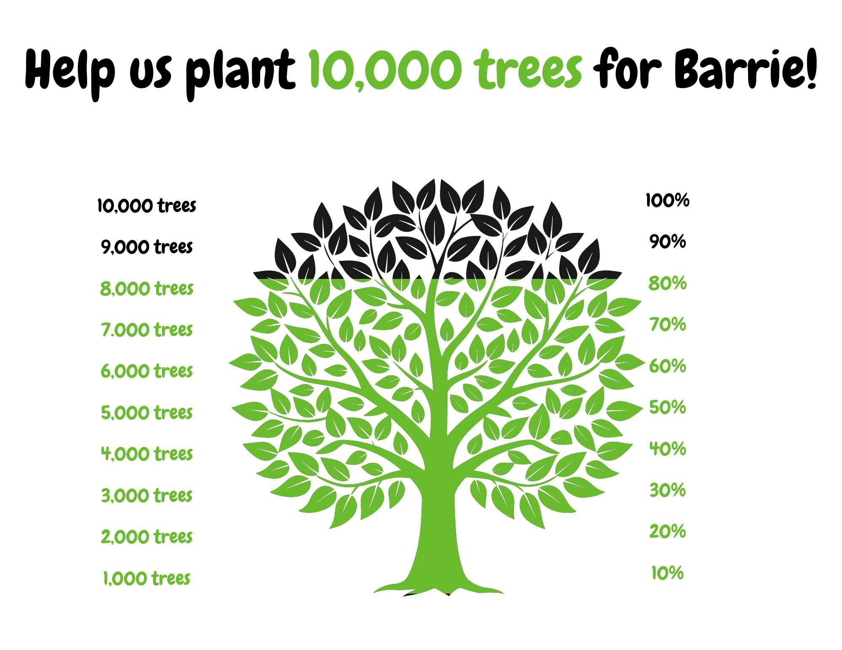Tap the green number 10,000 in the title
pyautogui.click(x=383, y=70)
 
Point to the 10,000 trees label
pyautogui.click(x=147, y=206)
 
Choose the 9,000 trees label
pyautogui.click(x=147, y=247)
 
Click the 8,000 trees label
pyautogui.click(x=147, y=289)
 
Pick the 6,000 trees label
pyautogui.click(x=147, y=371)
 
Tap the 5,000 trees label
pyautogui.click(x=147, y=412)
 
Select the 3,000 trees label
pyautogui.click(x=147, y=495)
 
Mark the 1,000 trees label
pyautogui.click(x=147, y=578)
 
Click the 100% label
pyautogui.click(x=667, y=200)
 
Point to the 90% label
pyautogui.click(x=667, y=241)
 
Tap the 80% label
pyautogui.click(x=667, y=283)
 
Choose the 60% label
pyautogui.click(x=667, y=366)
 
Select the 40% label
pyautogui.click(x=667, y=449)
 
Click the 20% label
pyautogui.click(x=667, y=531)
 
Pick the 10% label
pyautogui.click(x=667, y=573)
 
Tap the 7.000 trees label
pyautogui.click(x=147, y=330)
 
